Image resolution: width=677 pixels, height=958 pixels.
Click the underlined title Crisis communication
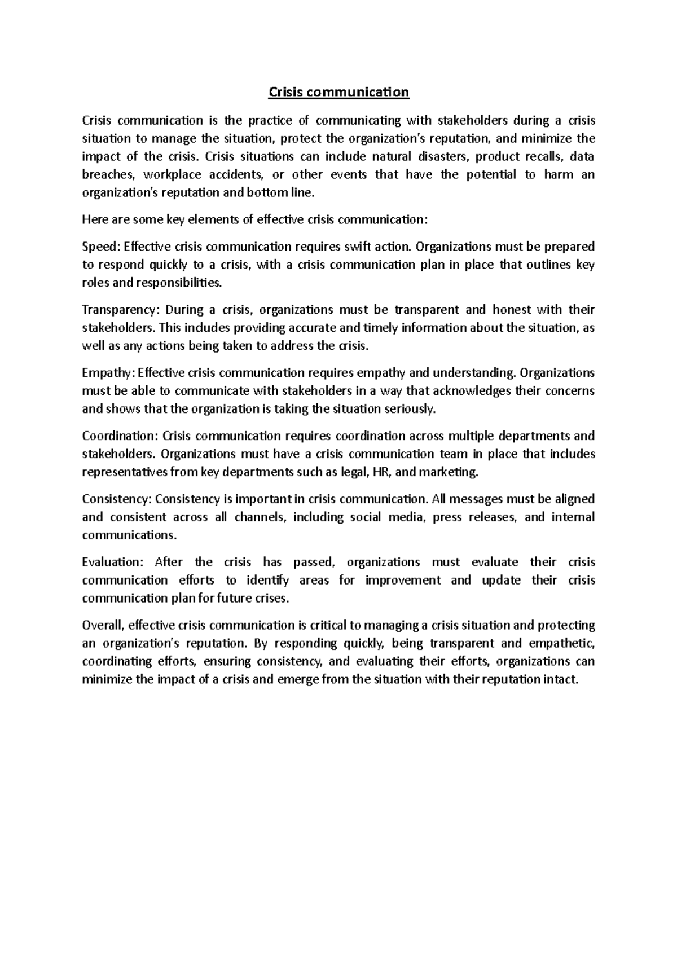coord(338,92)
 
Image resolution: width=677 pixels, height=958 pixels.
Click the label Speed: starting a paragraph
coord(100,247)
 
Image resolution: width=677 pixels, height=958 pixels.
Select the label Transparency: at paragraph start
coord(121,310)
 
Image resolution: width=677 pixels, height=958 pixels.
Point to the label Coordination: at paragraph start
coord(120,436)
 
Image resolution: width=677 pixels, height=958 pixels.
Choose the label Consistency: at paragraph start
coord(116,499)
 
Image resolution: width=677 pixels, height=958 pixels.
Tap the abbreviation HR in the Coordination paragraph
coord(376,472)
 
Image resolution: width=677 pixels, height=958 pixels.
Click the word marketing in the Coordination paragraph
coord(449,472)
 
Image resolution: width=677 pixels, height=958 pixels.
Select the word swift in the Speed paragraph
coord(355,247)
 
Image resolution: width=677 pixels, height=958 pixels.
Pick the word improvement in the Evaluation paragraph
coord(403,581)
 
